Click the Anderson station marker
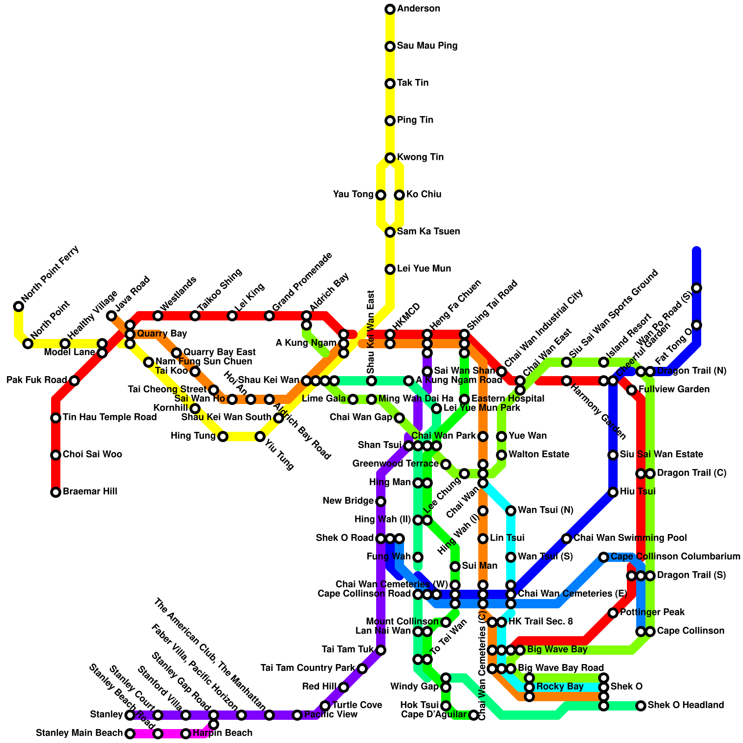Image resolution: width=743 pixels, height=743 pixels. click(x=390, y=9)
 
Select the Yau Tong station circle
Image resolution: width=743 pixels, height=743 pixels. click(x=381, y=195)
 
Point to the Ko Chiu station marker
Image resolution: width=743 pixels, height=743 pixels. click(x=399, y=195)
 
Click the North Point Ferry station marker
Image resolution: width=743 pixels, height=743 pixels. click(x=19, y=306)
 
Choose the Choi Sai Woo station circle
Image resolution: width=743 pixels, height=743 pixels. click(x=56, y=455)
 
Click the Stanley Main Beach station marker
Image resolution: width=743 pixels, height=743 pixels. click(x=130, y=734)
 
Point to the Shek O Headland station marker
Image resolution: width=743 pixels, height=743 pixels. click(x=641, y=706)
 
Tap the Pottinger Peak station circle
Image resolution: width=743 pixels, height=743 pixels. click(x=613, y=613)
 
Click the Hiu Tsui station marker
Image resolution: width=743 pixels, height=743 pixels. click(x=613, y=492)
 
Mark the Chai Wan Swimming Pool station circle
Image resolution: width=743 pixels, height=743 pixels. click(x=567, y=539)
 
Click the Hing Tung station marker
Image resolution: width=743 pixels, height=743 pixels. click(x=223, y=437)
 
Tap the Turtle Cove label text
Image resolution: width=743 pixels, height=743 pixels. click(x=357, y=705)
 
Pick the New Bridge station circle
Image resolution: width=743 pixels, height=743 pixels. click(x=381, y=502)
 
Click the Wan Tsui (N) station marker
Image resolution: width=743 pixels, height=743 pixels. click(x=511, y=511)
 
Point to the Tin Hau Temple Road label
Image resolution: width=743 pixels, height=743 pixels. click(x=110, y=417)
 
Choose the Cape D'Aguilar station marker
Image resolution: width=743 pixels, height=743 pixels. click(x=474, y=715)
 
